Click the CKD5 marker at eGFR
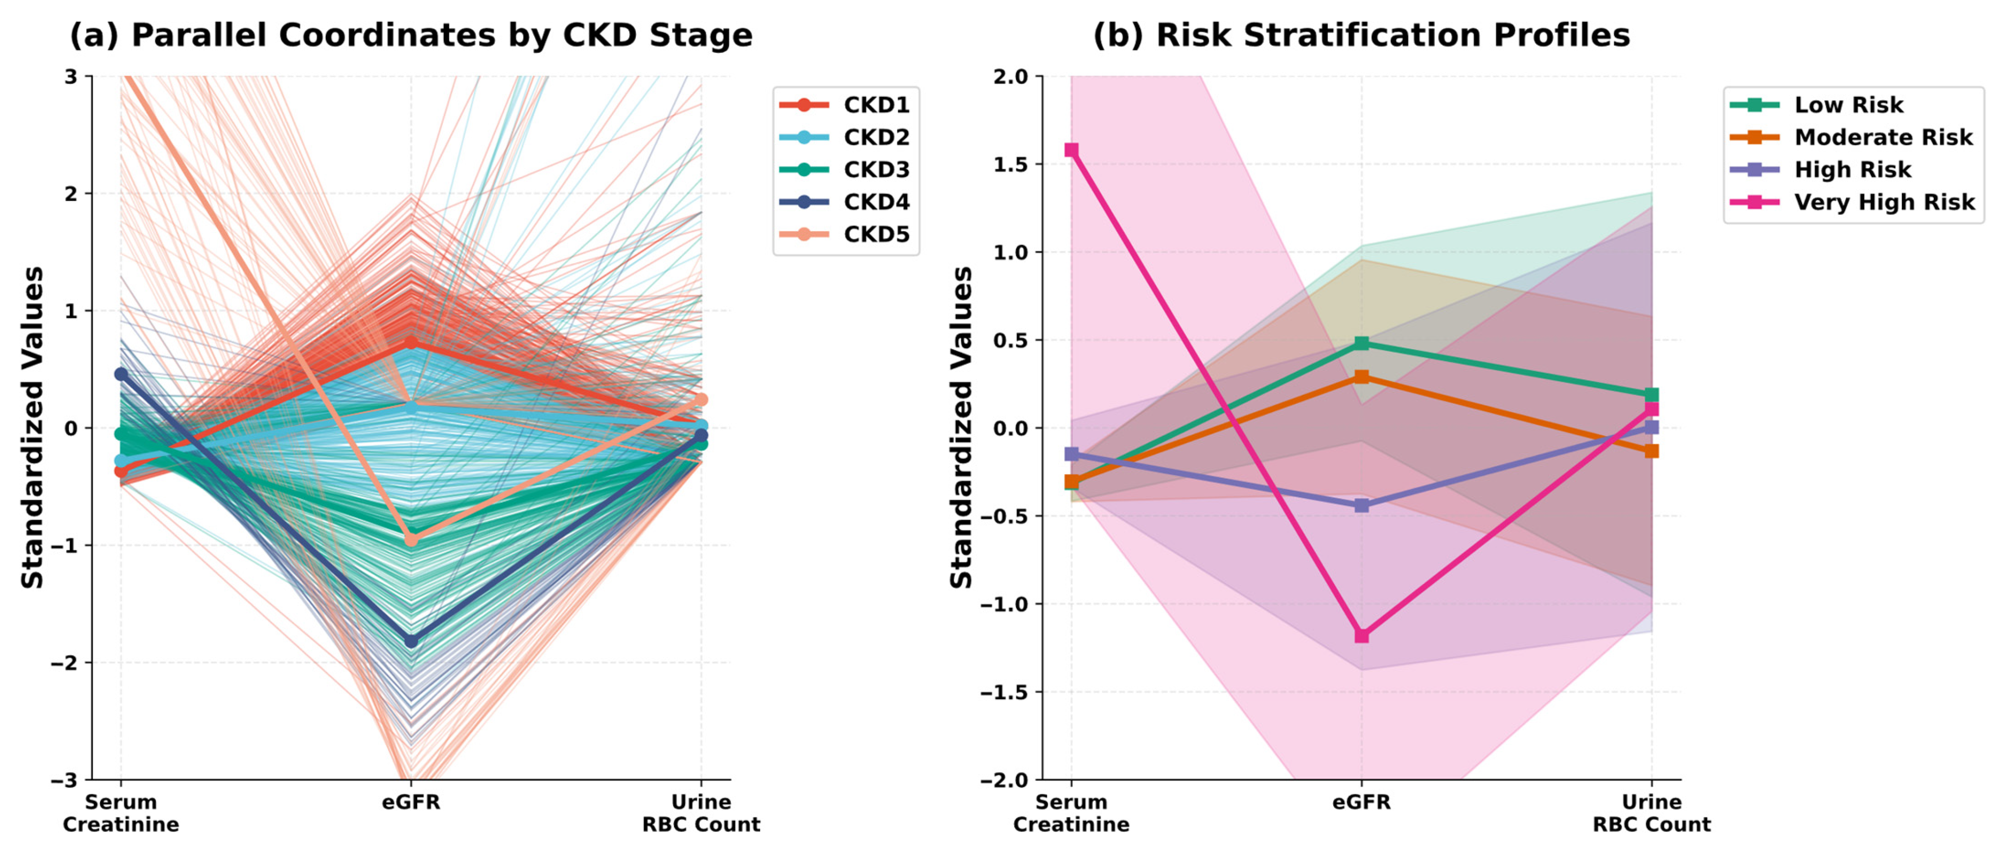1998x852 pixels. pyautogui.click(x=411, y=539)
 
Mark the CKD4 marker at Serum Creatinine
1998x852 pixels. pyautogui.click(x=121, y=374)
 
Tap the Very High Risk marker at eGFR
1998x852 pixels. pyautogui.click(x=1361, y=635)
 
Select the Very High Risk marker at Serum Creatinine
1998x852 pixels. pyautogui.click(x=1071, y=150)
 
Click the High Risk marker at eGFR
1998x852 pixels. pyautogui.click(x=1361, y=505)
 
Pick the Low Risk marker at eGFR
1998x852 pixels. pyautogui.click(x=1361, y=343)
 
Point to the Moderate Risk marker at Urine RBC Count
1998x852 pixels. pyautogui.click(x=1651, y=451)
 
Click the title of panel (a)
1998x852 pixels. pyautogui.click(x=411, y=35)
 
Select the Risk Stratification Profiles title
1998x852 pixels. pyautogui.click(x=1361, y=35)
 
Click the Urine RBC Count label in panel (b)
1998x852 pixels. pyautogui.click(x=1651, y=813)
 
